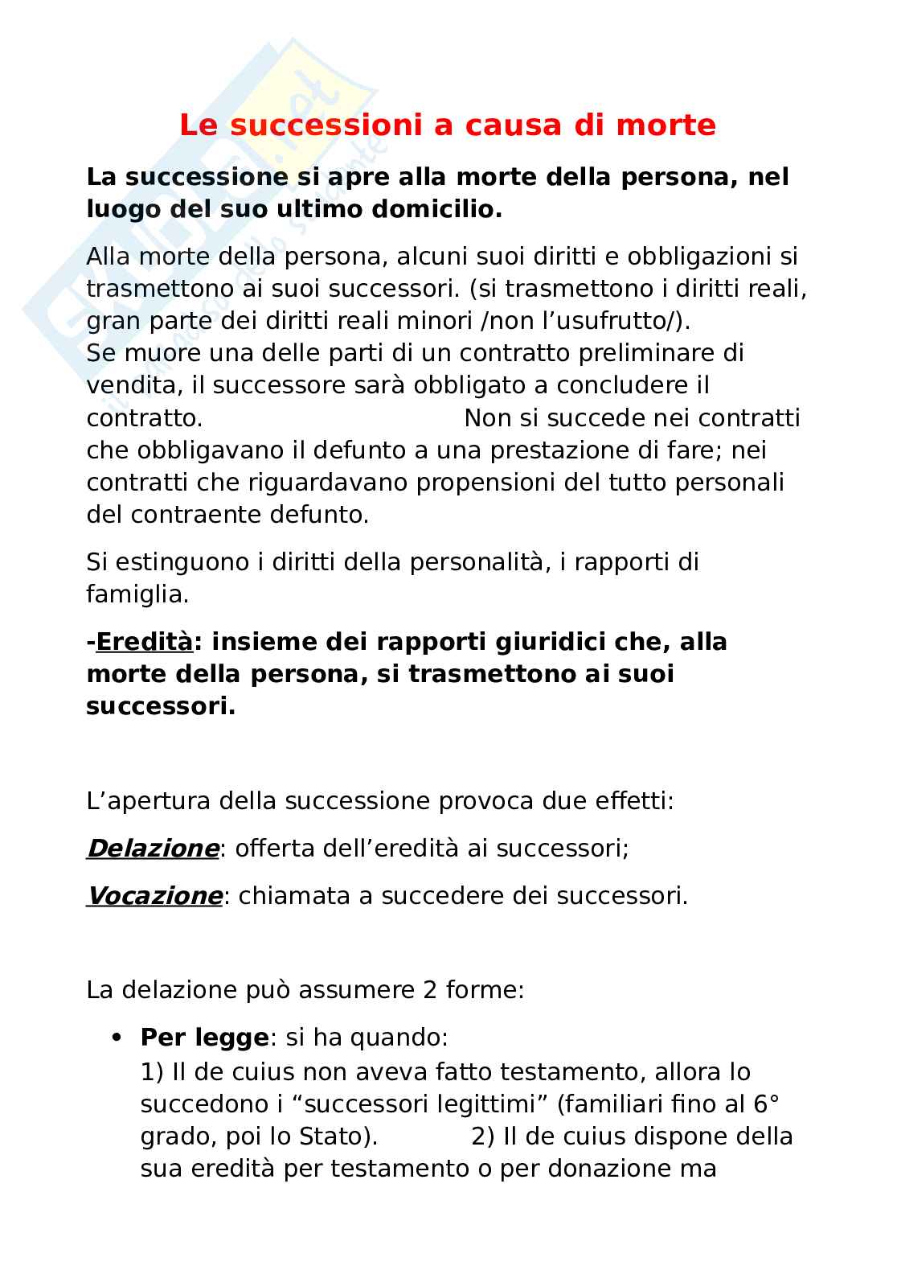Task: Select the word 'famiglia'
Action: (135, 594)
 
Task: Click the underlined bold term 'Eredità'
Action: (144, 642)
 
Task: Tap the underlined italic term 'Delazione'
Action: (153, 849)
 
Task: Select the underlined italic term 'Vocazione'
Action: (154, 896)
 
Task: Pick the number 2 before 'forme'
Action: (430, 989)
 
